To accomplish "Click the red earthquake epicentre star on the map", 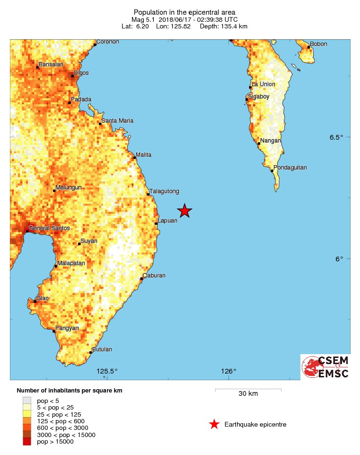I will click(184, 211).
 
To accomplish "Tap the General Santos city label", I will click(49, 228).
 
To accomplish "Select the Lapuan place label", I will click(168, 221).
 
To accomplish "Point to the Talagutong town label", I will click(164, 191).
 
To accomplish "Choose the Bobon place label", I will click(318, 45).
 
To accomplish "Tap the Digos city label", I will click(81, 73).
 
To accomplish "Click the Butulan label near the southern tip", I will click(102, 349).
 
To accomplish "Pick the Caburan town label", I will click(155, 276).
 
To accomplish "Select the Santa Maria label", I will click(118, 121).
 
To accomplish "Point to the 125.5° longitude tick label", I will click(107, 371).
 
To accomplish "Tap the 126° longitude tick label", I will click(228, 371).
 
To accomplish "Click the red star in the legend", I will click(214, 424).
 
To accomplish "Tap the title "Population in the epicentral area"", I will click(184, 12).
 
